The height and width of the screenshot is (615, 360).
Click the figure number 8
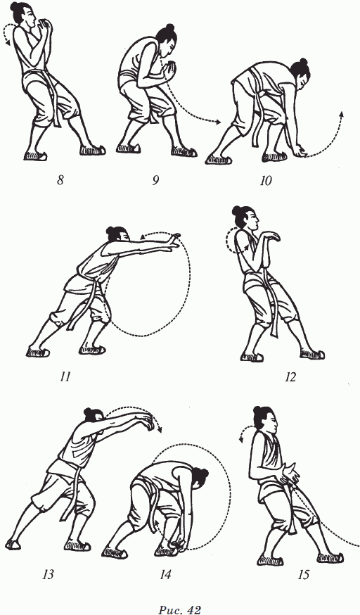click(60, 181)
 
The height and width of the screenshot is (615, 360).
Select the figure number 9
click(155, 181)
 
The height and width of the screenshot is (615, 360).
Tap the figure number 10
click(265, 181)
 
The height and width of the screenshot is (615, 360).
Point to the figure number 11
click(65, 377)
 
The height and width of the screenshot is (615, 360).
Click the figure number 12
click(290, 377)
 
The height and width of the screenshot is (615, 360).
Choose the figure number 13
click(48, 575)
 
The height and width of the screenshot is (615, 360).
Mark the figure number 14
click(165, 575)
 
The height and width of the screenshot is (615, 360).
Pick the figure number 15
click(303, 575)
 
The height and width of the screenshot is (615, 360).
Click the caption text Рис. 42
click(180, 609)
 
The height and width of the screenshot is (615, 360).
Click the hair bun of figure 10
click(303, 63)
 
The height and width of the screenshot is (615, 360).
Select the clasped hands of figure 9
click(171, 68)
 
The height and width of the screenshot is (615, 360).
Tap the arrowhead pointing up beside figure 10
click(341, 114)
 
